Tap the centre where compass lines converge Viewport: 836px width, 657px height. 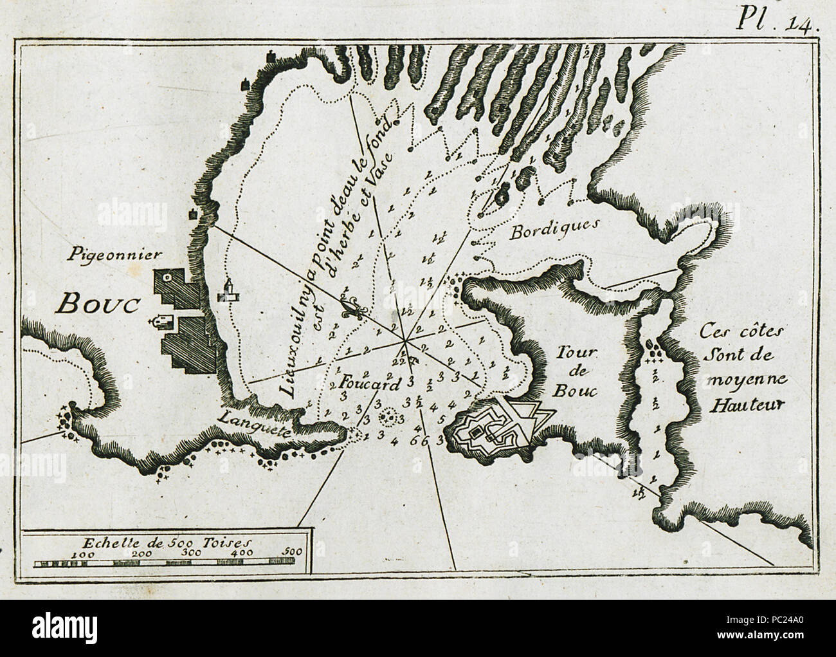[x=404, y=337]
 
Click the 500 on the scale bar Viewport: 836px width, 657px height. [x=293, y=551]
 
